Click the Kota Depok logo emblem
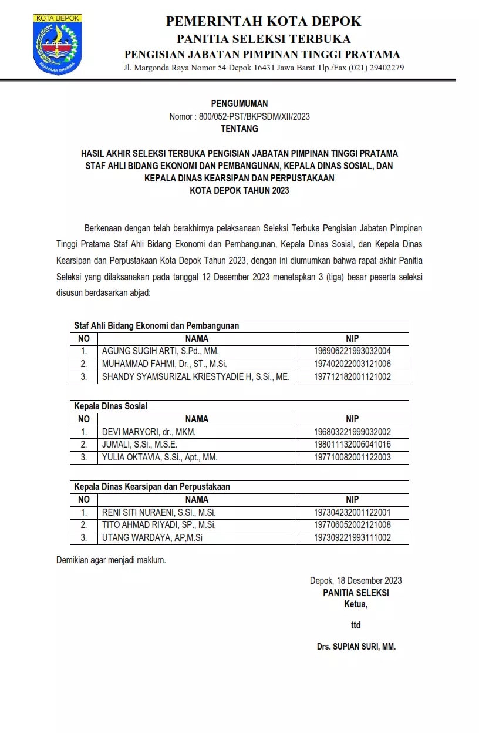tap(57, 45)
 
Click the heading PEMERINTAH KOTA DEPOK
tap(264, 22)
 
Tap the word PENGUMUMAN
tap(239, 104)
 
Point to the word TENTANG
tap(239, 129)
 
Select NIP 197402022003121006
tap(352, 364)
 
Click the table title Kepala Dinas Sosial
tap(110, 406)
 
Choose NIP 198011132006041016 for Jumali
tap(352, 445)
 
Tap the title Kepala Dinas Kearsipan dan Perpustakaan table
tap(152, 486)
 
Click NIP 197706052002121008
tap(352, 525)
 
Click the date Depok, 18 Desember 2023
tap(356, 580)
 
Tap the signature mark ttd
tap(356, 625)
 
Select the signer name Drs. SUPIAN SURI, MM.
tap(356, 647)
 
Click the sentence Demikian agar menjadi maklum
tap(111, 560)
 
